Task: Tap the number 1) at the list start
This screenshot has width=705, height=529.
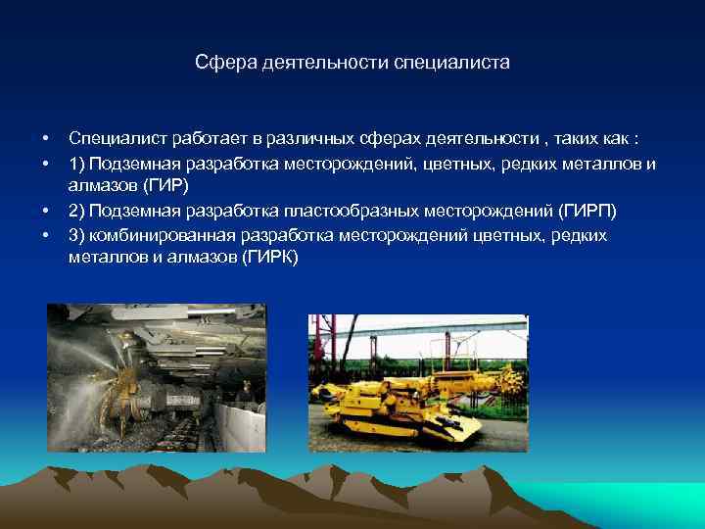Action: pyautogui.click(x=77, y=164)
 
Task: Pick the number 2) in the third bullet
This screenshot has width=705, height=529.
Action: pyautogui.click(x=77, y=212)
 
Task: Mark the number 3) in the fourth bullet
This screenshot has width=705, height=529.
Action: pyautogui.click(x=77, y=235)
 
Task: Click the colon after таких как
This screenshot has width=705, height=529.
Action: pyautogui.click(x=637, y=140)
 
